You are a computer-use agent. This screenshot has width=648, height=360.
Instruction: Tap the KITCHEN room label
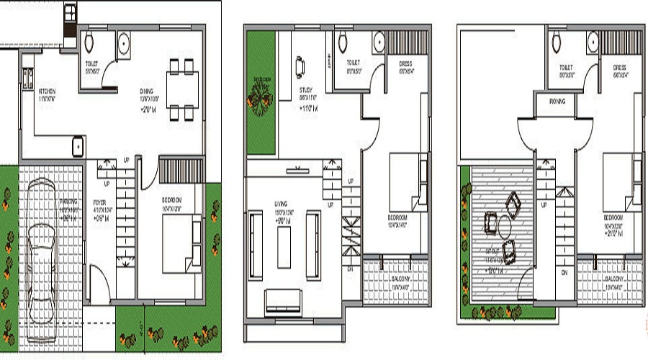(x=47, y=91)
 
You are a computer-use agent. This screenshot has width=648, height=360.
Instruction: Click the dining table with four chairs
(x=180, y=90)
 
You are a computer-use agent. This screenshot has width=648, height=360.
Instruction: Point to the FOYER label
(x=99, y=202)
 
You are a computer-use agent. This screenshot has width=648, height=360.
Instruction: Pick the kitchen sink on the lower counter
(x=77, y=146)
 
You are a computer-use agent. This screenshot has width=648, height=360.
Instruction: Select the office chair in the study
(x=299, y=67)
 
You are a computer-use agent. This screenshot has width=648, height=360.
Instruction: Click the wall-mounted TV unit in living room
(x=298, y=171)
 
